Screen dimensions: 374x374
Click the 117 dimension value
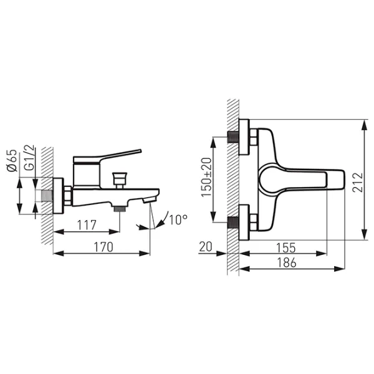[87, 225]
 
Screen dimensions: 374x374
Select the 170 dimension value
[103, 247]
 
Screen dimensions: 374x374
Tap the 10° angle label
[178, 219]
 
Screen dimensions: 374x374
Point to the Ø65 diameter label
[12, 160]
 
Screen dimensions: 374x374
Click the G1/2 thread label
[29, 158]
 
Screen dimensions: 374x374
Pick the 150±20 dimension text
[206, 177]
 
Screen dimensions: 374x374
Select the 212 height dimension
[358, 182]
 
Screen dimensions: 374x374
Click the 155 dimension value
[285, 248]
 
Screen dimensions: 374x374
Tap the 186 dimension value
[287, 262]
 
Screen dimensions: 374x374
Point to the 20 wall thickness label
[206, 247]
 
